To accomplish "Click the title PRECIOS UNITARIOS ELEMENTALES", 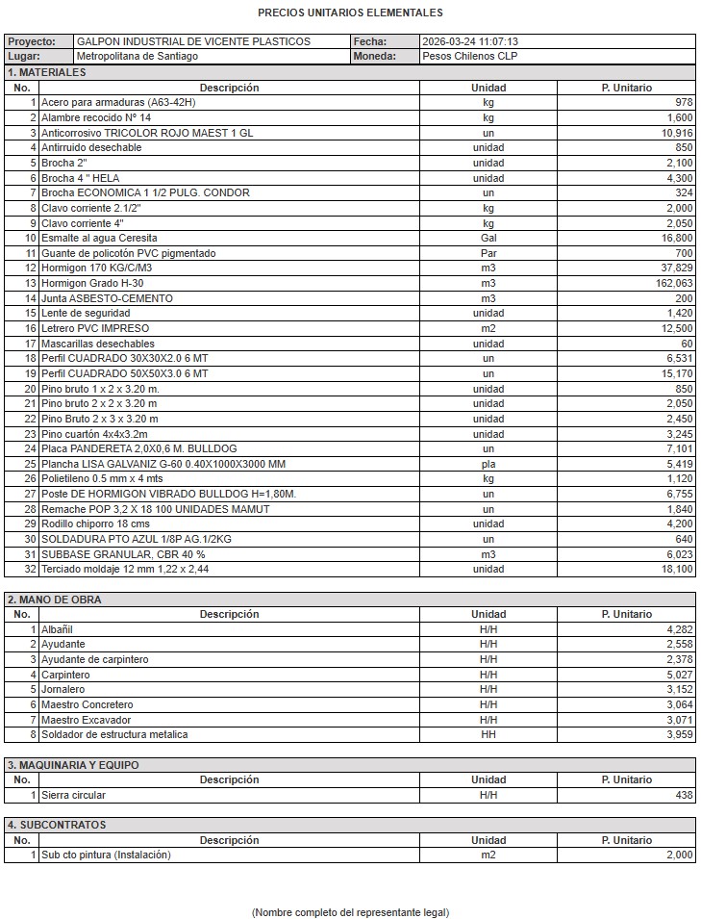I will point(350,13).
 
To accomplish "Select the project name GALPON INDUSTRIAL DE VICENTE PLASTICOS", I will point(192,42).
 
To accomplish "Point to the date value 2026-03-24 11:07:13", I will point(470,42).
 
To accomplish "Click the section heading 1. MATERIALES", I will point(46,73).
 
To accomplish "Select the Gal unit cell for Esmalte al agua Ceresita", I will point(488,238).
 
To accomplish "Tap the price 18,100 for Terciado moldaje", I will point(675,570).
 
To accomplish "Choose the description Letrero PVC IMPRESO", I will point(95,328).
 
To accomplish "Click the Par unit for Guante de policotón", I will point(488,253).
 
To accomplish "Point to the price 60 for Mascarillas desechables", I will point(686,344).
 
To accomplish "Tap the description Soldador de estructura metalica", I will point(114,735).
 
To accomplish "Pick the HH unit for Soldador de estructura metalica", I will point(488,735).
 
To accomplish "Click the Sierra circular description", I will point(74,796).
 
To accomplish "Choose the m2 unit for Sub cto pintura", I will point(488,855).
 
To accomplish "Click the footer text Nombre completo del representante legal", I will point(350,911).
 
